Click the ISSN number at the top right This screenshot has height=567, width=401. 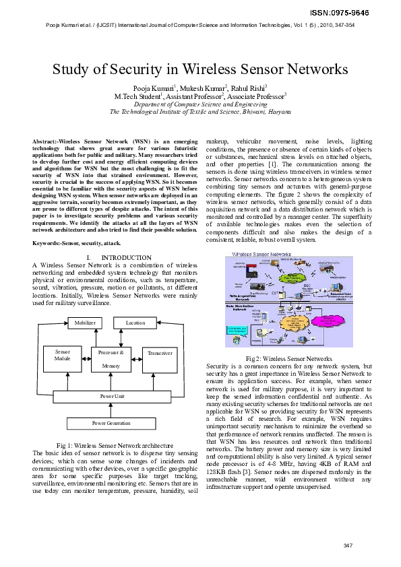coord(367,13)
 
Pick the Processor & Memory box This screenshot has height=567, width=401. coord(111,358)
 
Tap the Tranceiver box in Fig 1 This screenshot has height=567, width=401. coord(160,353)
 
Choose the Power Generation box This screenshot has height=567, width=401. coord(111,423)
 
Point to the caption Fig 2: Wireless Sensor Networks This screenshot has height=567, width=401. coord(289,358)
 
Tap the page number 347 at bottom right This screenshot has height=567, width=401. coord(348,545)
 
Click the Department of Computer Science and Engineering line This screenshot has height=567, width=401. coord(200,105)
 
